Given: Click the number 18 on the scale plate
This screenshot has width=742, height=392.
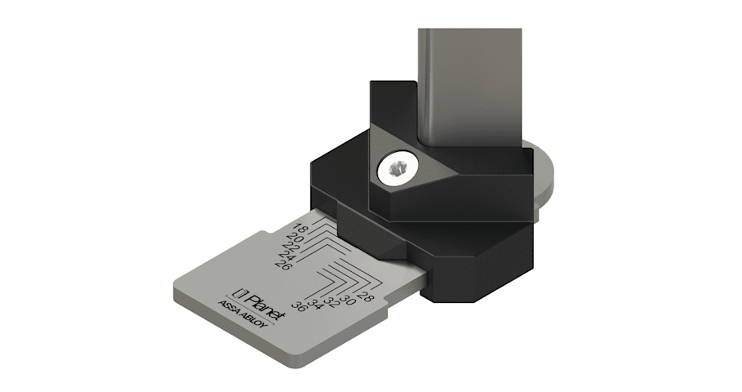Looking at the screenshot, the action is click(x=301, y=229).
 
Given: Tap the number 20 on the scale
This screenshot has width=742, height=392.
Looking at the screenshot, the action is click(x=295, y=238).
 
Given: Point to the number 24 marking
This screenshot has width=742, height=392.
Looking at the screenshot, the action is click(x=286, y=256).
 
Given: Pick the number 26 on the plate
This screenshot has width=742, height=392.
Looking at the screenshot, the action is click(x=283, y=265).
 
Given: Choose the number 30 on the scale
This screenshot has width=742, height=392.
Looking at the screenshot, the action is click(x=348, y=300).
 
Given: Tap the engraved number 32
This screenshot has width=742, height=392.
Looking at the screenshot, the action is click(x=331, y=302).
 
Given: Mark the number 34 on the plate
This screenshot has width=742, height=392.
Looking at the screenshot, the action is click(x=315, y=305).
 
